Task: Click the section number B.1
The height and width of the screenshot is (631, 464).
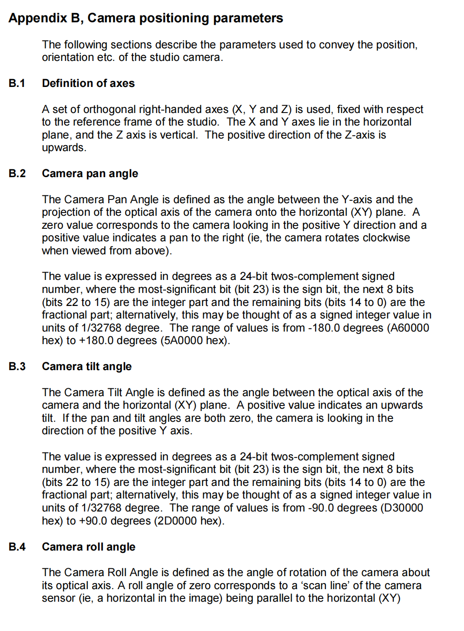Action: [x=17, y=83]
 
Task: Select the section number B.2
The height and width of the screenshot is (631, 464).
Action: [x=17, y=173]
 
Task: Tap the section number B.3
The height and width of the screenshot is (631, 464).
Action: [x=17, y=366]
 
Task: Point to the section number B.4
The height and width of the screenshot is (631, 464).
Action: [x=17, y=547]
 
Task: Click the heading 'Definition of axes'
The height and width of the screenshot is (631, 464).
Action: [x=88, y=83]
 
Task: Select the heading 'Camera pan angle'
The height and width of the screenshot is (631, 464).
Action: [x=90, y=173]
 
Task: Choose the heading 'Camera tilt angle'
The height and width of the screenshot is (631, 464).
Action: [x=86, y=366]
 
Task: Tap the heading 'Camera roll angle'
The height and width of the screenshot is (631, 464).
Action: [x=88, y=547]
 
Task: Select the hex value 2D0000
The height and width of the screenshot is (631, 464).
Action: [x=178, y=521]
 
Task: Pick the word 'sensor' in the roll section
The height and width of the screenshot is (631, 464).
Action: [x=57, y=598]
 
